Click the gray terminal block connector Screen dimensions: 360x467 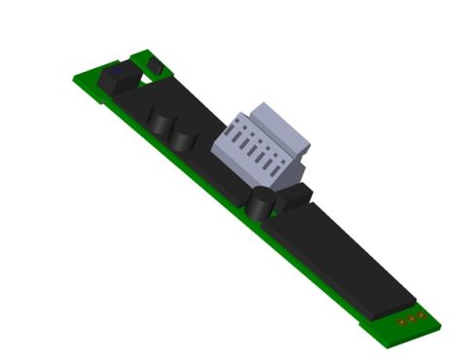tap(263, 146)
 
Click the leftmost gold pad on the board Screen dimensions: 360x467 tap(401, 322)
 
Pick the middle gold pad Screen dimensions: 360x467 tap(411, 318)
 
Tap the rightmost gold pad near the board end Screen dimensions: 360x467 tap(420, 314)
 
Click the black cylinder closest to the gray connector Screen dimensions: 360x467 tap(260, 205)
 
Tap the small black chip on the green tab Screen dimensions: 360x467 tap(154, 67)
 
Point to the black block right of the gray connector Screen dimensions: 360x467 tap(294, 198)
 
